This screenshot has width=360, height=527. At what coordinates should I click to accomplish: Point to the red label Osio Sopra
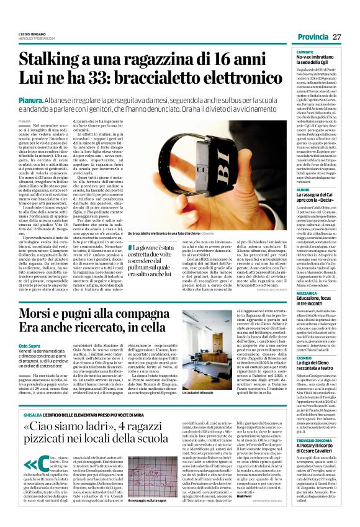pyautogui.click(x=30, y=345)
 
